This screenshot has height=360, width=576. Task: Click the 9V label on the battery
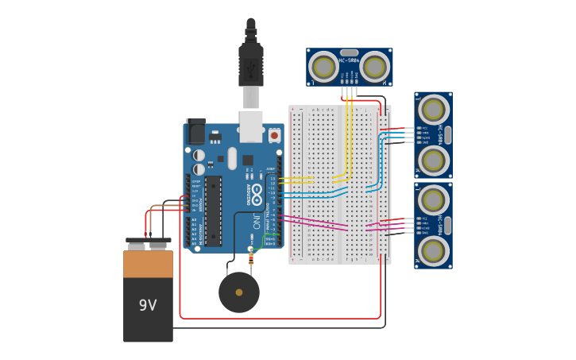pos(148,305)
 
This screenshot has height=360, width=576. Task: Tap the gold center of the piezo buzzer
pos(239,292)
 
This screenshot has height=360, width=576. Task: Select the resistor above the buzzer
pos(252,257)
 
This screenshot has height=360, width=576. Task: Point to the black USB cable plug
pos(251,64)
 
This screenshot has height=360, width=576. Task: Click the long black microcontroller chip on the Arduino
pos(213,211)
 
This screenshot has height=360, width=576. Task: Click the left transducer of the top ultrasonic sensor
pos(323,66)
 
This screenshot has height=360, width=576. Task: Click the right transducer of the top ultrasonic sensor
pos(373,66)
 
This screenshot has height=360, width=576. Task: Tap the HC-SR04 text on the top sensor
pos(349,60)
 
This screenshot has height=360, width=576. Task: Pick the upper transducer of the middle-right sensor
pos(433,110)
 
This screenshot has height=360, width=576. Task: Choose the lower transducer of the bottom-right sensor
pos(433,250)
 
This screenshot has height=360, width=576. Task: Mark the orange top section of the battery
pos(148,264)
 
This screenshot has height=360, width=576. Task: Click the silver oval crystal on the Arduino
pos(232,158)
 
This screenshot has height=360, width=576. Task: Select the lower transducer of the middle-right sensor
pos(433,160)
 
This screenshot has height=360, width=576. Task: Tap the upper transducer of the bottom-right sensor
pos(433,200)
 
